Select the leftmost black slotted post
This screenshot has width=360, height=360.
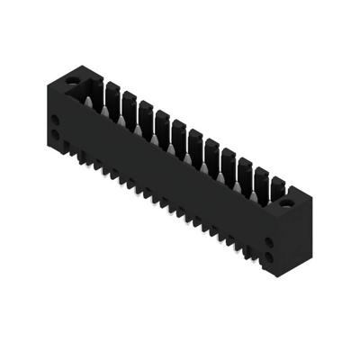pos(112,93)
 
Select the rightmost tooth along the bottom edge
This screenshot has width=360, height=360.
pos(248,248)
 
